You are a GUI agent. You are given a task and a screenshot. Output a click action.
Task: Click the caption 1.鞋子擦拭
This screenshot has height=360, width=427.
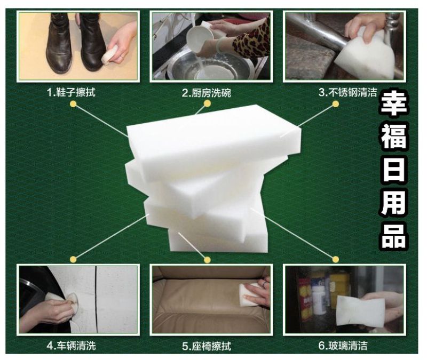[x=72, y=92]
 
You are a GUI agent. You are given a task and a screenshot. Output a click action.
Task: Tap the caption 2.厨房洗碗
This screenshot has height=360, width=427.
[x=206, y=93]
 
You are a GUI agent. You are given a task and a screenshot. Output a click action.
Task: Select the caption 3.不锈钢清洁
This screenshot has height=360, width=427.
[x=348, y=92]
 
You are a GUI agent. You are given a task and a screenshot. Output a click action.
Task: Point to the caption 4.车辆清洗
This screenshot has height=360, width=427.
[x=72, y=346]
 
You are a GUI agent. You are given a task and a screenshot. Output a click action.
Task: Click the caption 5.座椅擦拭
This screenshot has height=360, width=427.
[x=207, y=346]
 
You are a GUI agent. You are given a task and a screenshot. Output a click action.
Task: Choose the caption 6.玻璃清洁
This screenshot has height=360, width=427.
[x=343, y=346]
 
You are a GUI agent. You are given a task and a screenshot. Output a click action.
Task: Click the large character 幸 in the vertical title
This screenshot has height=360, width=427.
[x=393, y=104]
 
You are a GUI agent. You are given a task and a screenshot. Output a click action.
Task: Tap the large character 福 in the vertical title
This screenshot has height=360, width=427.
[x=393, y=138]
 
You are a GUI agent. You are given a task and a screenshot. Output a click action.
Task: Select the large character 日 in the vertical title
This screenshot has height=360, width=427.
[x=393, y=170]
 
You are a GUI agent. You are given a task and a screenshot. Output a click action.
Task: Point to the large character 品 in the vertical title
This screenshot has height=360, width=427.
[x=393, y=236]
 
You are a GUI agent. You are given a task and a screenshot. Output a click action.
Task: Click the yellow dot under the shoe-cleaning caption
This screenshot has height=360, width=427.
[x=73, y=103]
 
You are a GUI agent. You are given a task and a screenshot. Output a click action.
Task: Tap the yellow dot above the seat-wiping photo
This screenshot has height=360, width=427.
[x=207, y=260]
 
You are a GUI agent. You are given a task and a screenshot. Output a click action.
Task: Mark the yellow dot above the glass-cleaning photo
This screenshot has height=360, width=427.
[x=336, y=259]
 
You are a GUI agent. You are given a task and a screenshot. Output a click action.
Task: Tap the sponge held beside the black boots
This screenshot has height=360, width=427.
[x=110, y=54]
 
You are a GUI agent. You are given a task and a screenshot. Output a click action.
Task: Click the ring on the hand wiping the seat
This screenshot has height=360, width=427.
[x=264, y=284]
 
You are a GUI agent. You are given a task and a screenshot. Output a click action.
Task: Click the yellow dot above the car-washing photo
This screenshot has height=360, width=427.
[x=73, y=259]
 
